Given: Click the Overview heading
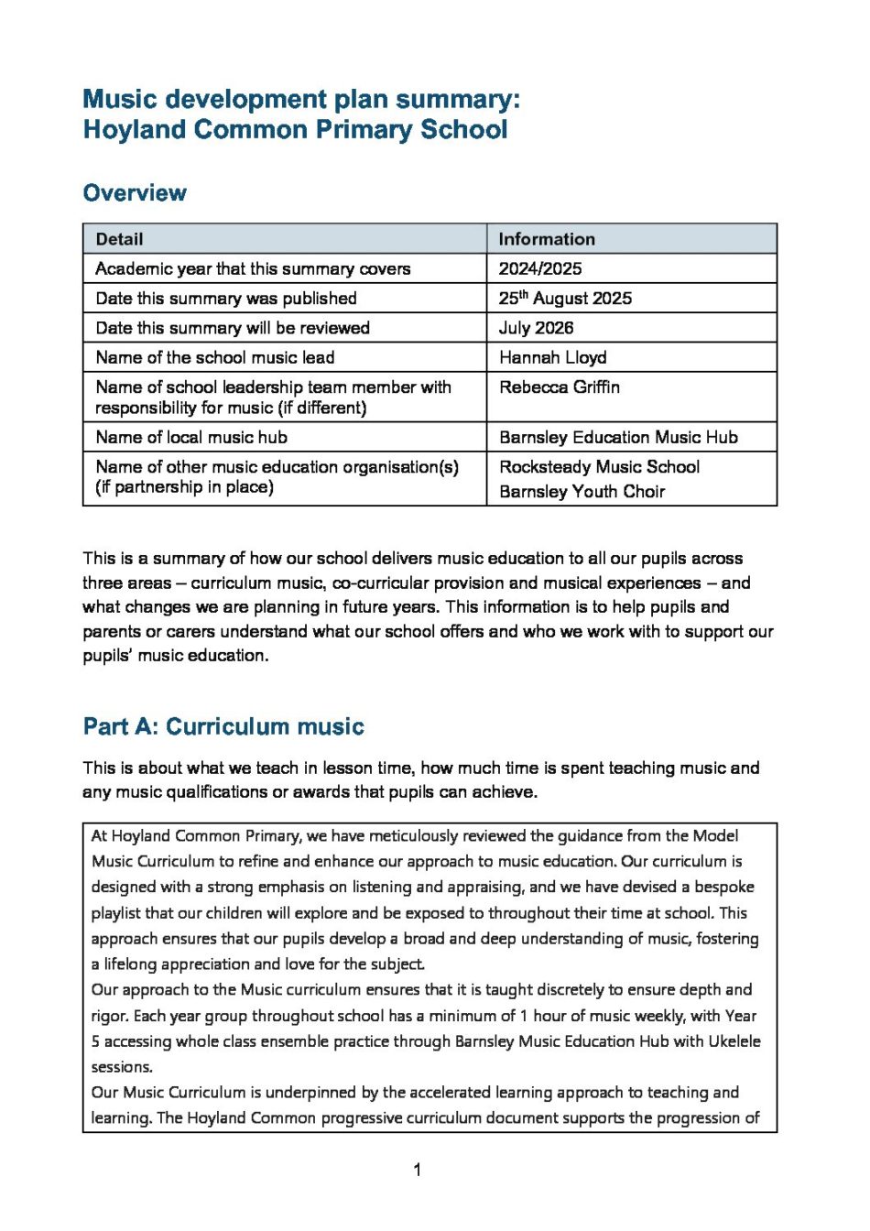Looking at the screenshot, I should click(x=135, y=193).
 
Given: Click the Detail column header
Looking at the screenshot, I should click(x=119, y=239).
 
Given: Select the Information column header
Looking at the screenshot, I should click(x=547, y=239).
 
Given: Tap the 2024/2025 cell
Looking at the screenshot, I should click(x=540, y=268).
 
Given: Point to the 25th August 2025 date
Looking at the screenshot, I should click(x=565, y=298).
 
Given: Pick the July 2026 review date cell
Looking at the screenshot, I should click(x=536, y=328).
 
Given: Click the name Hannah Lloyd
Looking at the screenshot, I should click(x=552, y=357).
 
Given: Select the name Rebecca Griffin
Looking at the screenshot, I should click(x=560, y=387).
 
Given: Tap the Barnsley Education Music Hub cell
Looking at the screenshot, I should click(x=618, y=437).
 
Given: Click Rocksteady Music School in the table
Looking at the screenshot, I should click(x=599, y=466).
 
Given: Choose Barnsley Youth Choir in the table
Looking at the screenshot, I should click(x=582, y=491).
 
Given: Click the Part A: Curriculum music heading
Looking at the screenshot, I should click(x=223, y=726).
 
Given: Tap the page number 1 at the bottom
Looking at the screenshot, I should click(x=418, y=1170).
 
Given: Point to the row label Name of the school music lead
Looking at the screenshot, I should click(x=215, y=357).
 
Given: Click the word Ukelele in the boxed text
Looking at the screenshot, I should click(x=734, y=1041).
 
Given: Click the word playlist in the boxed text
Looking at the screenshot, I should click(x=116, y=912).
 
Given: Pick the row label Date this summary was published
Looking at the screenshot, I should click(x=226, y=298).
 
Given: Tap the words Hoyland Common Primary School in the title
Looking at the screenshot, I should click(x=295, y=129).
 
